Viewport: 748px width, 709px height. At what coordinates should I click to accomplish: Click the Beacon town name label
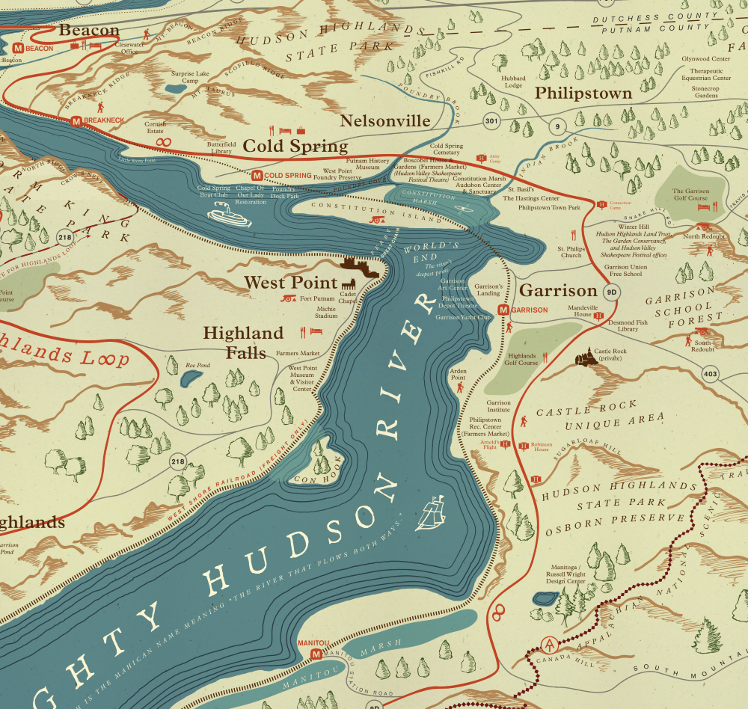(x=89, y=30)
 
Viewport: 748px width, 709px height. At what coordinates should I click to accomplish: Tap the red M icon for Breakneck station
(x=76, y=120)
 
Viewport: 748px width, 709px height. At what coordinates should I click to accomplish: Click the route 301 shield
(x=491, y=121)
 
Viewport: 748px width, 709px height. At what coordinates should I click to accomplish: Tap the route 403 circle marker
(x=710, y=373)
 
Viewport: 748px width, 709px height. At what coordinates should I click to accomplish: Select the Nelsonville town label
(x=385, y=121)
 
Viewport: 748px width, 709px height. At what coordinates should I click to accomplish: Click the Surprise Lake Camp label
(x=191, y=77)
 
